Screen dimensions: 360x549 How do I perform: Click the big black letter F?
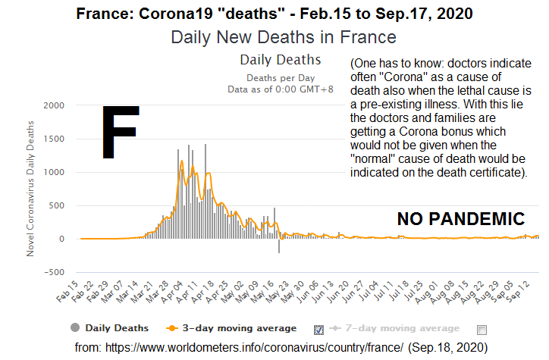(x=120, y=133)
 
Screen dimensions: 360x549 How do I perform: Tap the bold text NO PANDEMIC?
(x=460, y=220)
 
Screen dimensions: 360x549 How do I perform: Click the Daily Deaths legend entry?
(x=110, y=328)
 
